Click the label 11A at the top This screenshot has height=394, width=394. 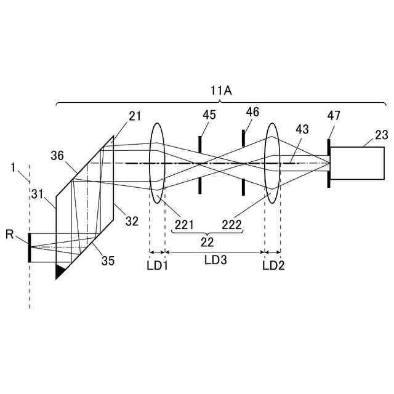pyautogui.click(x=220, y=90)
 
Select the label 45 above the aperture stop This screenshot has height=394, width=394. pyautogui.click(x=209, y=115)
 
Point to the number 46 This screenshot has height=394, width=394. pyautogui.click(x=252, y=112)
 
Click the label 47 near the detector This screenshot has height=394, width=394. pyautogui.click(x=334, y=116)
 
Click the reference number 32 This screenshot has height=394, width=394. pyautogui.click(x=132, y=221)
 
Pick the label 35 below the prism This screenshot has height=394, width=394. pyautogui.click(x=108, y=260)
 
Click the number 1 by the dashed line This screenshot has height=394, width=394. pyautogui.click(x=14, y=167)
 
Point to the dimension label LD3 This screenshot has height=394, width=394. pyautogui.click(x=215, y=260)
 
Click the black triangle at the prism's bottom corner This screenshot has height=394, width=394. pyautogui.click(x=60, y=270)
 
